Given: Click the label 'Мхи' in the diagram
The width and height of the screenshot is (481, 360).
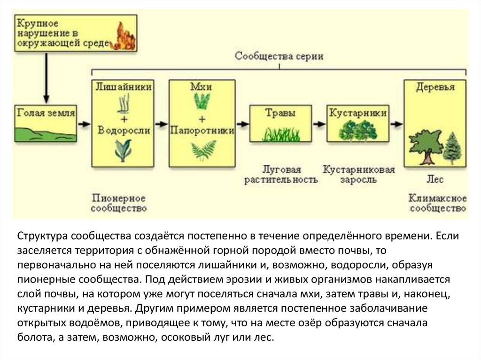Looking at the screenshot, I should (202, 87).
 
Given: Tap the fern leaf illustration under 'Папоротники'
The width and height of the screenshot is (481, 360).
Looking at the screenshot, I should (202, 152).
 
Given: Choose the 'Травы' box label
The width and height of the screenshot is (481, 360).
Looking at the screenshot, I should (280, 113).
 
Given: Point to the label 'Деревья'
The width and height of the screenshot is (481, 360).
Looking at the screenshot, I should (435, 88).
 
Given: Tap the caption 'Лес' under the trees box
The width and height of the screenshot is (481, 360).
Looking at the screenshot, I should (435, 179).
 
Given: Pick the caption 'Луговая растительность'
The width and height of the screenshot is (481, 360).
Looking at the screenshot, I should (281, 174).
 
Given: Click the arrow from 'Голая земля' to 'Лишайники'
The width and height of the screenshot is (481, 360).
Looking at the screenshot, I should (84, 124).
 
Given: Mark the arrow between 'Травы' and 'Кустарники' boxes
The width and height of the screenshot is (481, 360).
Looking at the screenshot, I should (319, 124).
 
